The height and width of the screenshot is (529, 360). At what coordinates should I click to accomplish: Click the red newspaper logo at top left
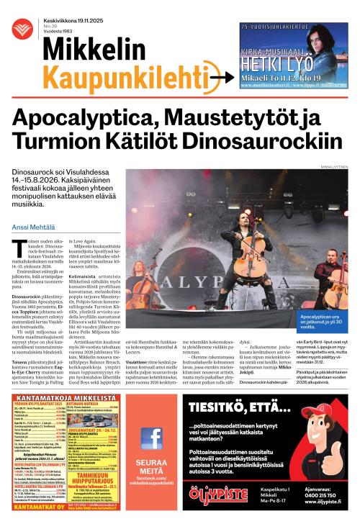pos(20,29)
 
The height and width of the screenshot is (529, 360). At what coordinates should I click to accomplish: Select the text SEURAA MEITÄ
pos(151,465)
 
